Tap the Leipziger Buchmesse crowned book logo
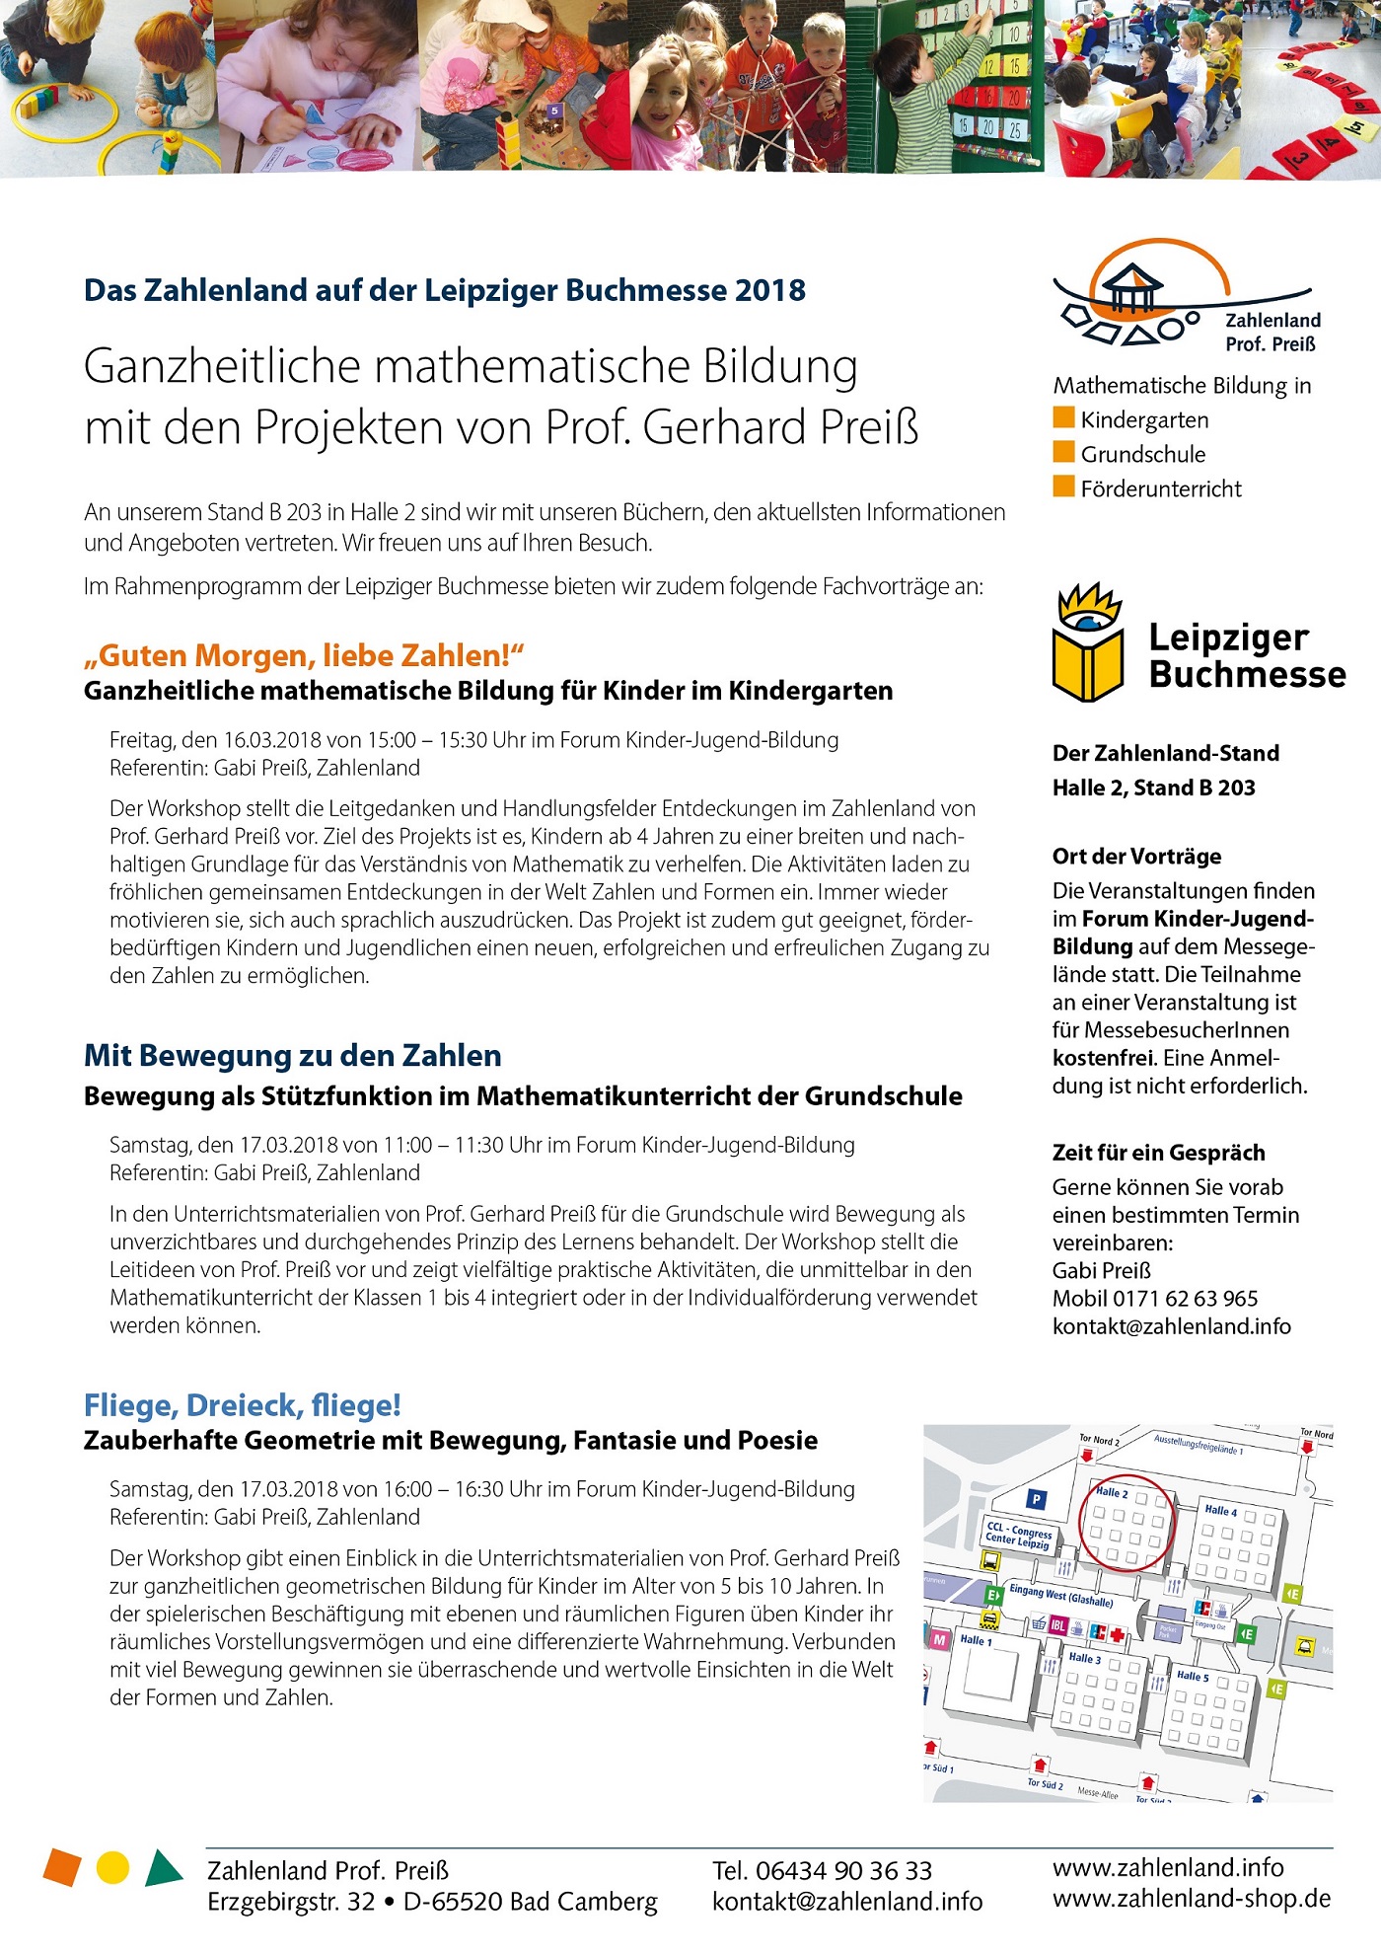tap(1088, 642)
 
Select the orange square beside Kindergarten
tap(1063, 417)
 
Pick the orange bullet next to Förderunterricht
tap(1063, 487)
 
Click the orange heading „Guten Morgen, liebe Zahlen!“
tap(304, 655)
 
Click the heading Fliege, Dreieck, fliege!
tap(243, 1404)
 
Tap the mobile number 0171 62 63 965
tap(1185, 1299)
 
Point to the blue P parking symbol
tap(1036, 1499)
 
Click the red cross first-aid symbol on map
tap(1117, 1636)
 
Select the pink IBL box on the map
tap(1057, 1625)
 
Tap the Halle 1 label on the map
tap(976, 1640)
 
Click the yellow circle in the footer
tap(113, 1867)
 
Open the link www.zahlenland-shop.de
tap(1192, 1899)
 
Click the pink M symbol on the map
tap(939, 1639)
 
